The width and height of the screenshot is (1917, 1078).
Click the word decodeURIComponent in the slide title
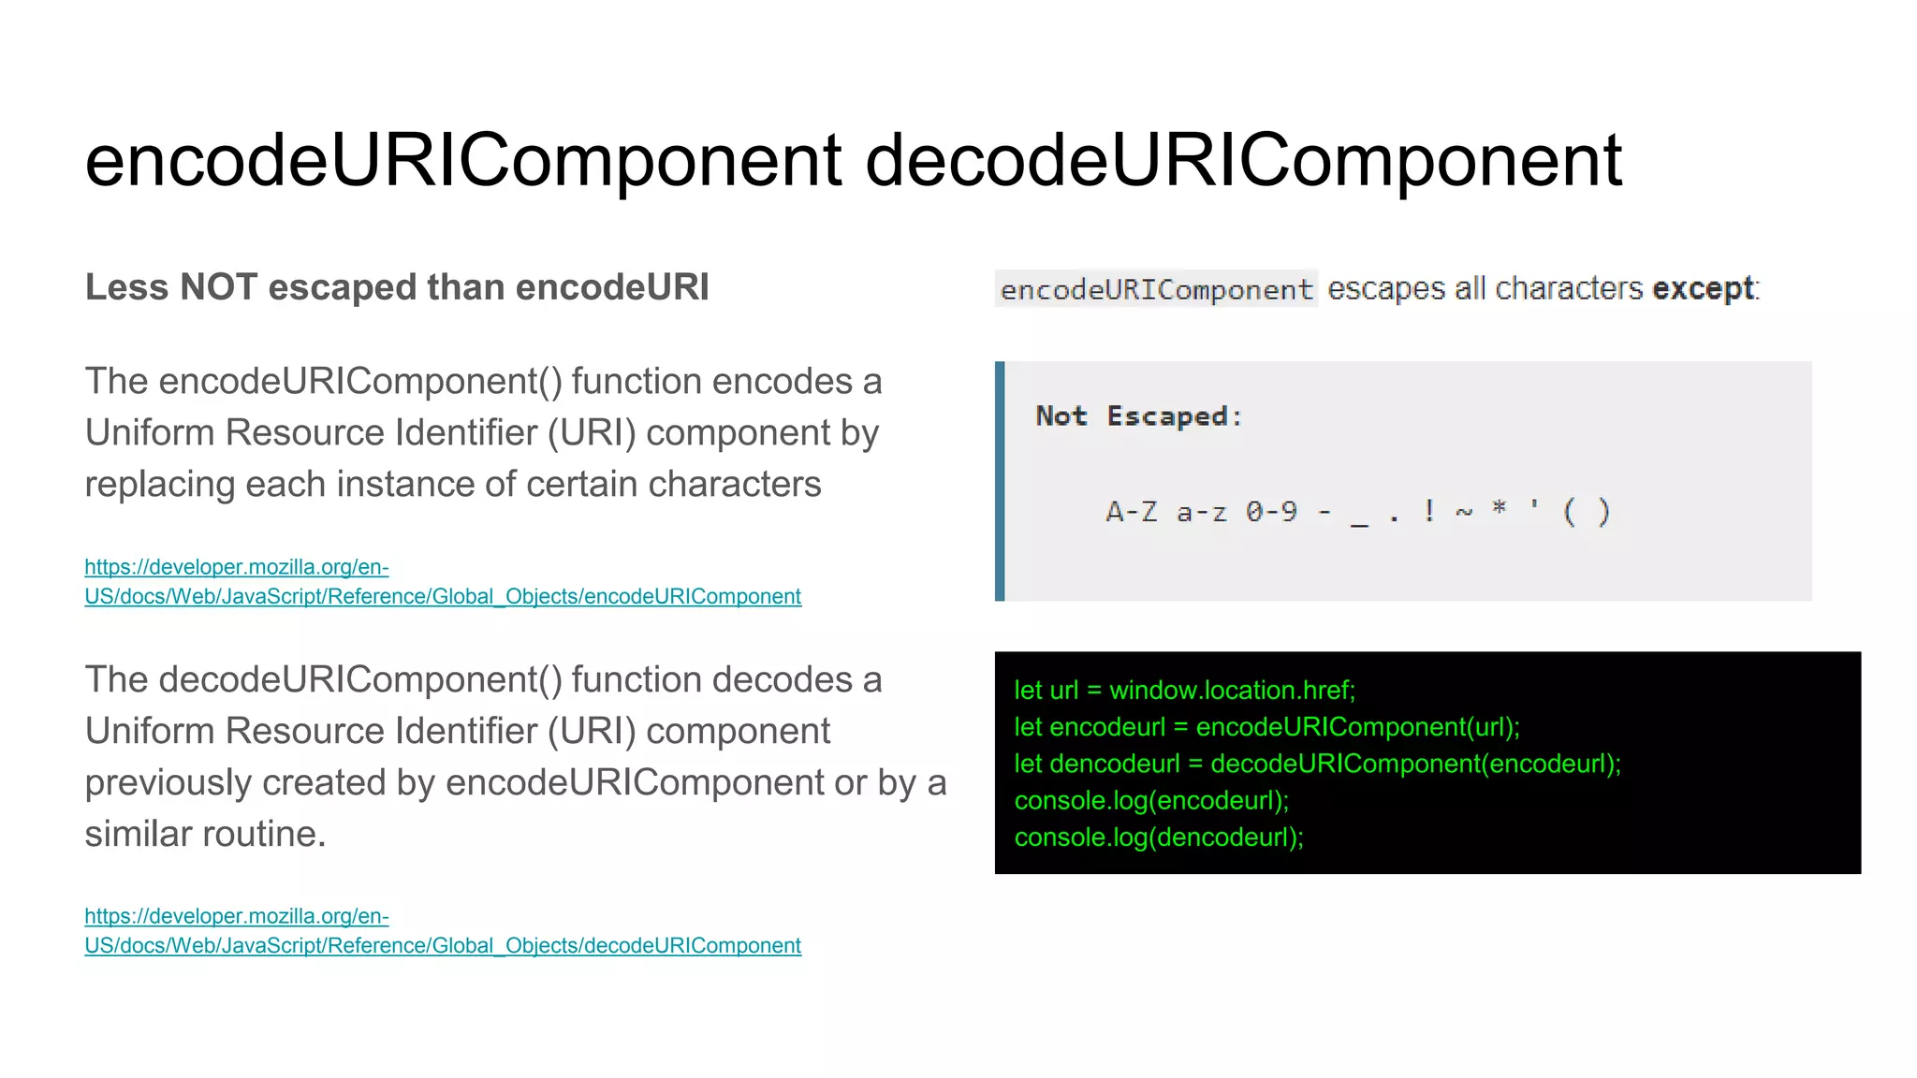tap(1243, 161)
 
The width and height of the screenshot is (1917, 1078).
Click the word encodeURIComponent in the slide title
tap(463, 161)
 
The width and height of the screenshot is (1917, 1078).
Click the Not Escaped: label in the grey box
tap(1138, 415)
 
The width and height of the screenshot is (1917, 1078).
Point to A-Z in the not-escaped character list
tap(1131, 512)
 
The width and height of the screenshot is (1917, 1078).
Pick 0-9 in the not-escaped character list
tap(1271, 512)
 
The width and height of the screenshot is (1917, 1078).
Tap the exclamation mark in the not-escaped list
tap(1428, 511)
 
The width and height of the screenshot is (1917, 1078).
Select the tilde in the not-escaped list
tap(1464, 513)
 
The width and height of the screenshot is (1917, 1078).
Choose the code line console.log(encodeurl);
tap(1151, 801)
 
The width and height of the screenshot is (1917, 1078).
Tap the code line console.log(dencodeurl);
tap(1159, 838)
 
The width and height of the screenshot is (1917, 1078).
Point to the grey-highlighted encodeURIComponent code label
tap(1156, 289)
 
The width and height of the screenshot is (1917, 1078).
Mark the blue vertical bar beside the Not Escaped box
tap(1000, 481)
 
